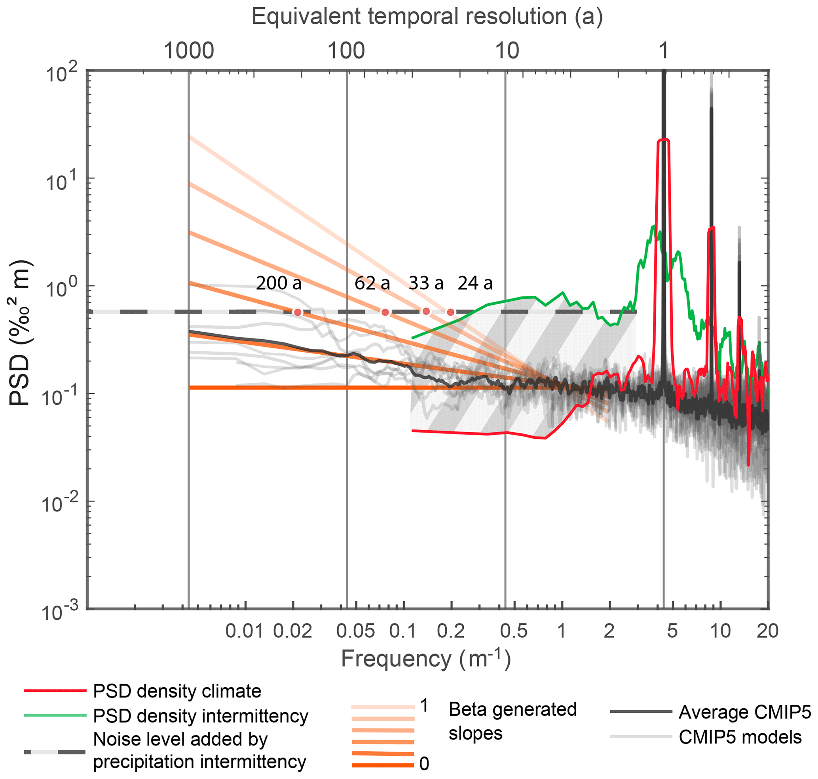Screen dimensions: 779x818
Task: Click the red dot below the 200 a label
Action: (297, 312)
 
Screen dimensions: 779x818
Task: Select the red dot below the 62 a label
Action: (385, 312)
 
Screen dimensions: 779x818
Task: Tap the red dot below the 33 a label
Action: (426, 312)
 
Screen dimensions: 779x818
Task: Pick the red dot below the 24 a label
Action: (450, 312)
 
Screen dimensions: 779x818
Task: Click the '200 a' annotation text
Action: (279, 283)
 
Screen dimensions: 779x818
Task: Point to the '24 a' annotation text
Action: (475, 283)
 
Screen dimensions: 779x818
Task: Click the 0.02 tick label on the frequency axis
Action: (293, 632)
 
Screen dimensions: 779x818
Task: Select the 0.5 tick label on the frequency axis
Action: (514, 632)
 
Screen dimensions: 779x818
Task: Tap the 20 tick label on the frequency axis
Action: (767, 632)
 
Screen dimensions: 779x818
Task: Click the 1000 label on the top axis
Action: (189, 51)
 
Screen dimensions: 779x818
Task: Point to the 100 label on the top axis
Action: (346, 51)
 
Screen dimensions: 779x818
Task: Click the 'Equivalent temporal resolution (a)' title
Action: (427, 17)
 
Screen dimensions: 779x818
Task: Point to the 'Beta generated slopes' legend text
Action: (512, 722)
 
